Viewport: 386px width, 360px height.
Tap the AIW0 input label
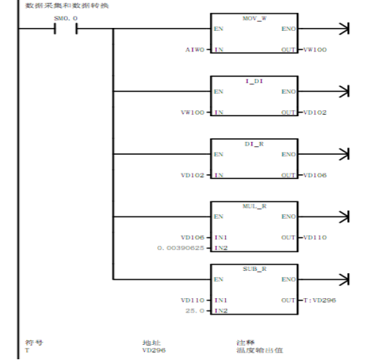[x=194, y=50]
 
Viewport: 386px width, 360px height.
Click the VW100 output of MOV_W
[x=314, y=50]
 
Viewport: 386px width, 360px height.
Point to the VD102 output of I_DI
[x=314, y=112]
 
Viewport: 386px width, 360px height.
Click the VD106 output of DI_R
[x=314, y=175]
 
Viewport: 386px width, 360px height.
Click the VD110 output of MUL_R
[x=314, y=237]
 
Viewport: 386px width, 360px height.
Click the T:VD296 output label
[x=317, y=300]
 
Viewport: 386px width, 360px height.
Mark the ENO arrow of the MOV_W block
[x=345, y=29]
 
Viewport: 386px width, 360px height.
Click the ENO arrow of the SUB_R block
[x=345, y=280]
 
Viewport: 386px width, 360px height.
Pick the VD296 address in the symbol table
[x=153, y=350]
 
